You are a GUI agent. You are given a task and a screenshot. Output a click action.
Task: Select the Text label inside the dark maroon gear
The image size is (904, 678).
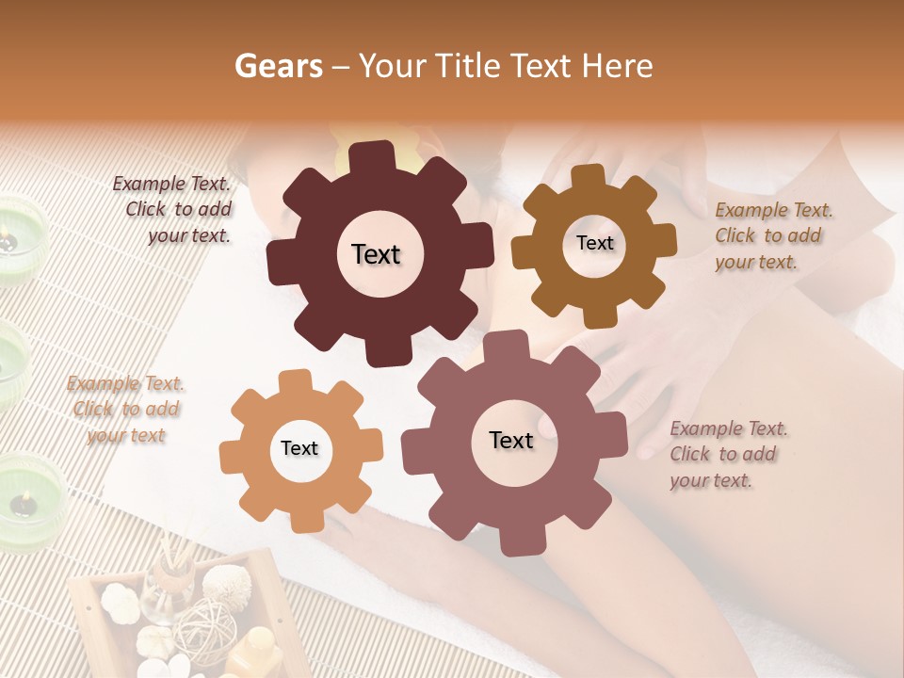pos(376,254)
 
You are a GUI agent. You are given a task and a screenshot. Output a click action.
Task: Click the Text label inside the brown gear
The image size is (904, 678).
pos(594,243)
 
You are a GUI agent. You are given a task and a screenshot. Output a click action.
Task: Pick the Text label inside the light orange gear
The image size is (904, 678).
pos(299,448)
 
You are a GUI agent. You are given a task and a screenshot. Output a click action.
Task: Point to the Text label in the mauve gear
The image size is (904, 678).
pos(511,440)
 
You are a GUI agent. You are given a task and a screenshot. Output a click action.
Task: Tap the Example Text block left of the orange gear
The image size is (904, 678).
pos(126,409)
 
